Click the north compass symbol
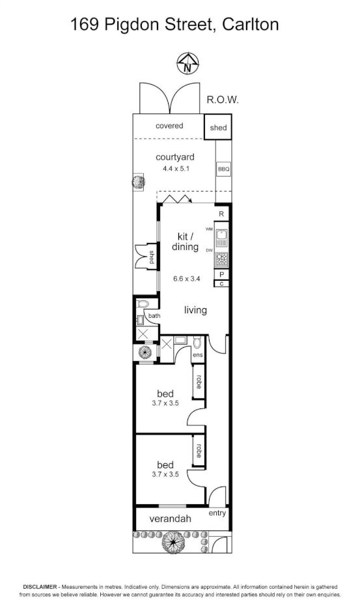point(187,63)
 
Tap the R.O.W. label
point(223,100)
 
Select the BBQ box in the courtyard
point(223,169)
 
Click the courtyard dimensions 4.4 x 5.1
point(176,169)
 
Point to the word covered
point(169,126)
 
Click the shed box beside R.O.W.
point(219,128)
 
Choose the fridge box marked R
point(221,214)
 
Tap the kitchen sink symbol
point(221,236)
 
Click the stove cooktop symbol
point(221,259)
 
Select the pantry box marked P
point(221,275)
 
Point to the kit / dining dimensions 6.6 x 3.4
point(186,278)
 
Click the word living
point(195,310)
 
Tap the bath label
point(154,316)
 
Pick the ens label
point(198,355)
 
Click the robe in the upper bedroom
point(198,382)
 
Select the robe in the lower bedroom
point(198,451)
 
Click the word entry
point(217,513)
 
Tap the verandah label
point(170,519)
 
